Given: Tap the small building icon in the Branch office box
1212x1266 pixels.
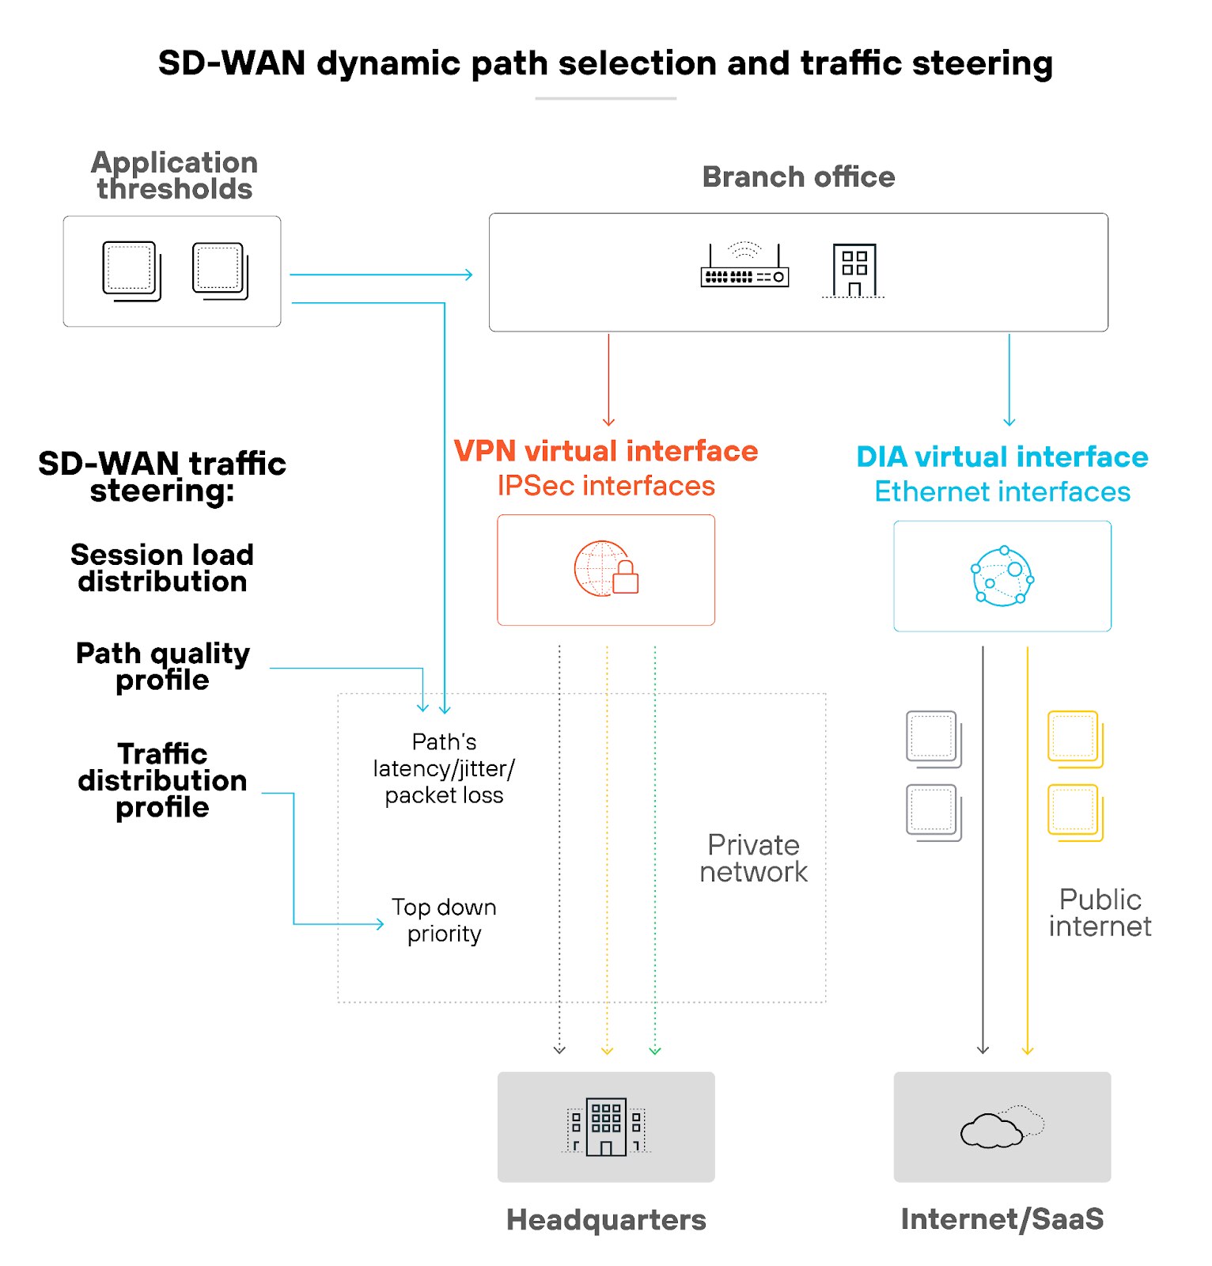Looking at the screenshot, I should click(854, 271).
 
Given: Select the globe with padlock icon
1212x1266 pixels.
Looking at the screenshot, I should click(605, 569).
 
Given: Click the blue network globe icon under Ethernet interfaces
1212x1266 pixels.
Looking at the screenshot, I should click(1002, 576).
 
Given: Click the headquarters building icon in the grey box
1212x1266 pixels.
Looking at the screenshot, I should click(605, 1126).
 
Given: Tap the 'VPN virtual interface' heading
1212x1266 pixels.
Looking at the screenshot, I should click(605, 451).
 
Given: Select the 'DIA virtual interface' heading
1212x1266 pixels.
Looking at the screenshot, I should click(1002, 457).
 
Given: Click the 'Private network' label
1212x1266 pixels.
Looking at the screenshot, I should click(753, 859).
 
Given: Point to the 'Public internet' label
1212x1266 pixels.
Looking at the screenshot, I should click(1099, 912).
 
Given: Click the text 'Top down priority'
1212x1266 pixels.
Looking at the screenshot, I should click(444, 920).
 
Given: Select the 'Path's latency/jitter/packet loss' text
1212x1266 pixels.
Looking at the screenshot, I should click(444, 768).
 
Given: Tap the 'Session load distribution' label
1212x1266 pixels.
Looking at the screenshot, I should click(162, 568).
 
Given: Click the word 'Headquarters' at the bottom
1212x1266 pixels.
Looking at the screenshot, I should click(605, 1219).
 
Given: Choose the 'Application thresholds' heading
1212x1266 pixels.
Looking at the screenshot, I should click(174, 176).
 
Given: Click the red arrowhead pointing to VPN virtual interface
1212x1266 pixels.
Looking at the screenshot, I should click(608, 423).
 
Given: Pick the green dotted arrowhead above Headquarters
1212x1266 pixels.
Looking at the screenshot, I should click(655, 1051).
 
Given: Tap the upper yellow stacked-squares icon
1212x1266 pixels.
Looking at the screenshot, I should click(1074, 739).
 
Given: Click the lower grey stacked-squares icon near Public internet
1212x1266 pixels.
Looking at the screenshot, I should click(934, 812).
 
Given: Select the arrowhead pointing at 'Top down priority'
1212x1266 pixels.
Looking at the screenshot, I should click(380, 923).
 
